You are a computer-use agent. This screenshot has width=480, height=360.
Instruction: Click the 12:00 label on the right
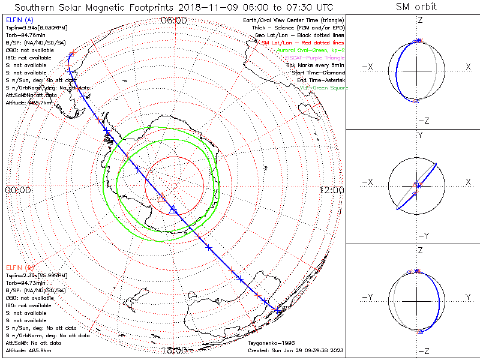click(x=331, y=190)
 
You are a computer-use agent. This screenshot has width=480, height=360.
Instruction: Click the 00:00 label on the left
click(x=17, y=190)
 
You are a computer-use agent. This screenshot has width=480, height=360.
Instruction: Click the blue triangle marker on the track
click(x=173, y=209)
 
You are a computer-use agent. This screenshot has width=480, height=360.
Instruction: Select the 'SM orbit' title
click(x=416, y=7)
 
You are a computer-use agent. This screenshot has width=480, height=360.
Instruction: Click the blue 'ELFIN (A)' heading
click(x=19, y=20)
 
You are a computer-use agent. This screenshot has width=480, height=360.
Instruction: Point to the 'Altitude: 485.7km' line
click(x=28, y=103)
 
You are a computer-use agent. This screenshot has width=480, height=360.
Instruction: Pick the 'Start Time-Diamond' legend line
click(x=317, y=73)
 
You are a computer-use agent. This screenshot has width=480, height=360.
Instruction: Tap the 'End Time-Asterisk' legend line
click(x=319, y=80)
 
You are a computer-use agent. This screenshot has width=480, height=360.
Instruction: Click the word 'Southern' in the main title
click(x=36, y=7)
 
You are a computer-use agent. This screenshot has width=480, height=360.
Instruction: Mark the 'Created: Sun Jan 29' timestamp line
click(x=296, y=350)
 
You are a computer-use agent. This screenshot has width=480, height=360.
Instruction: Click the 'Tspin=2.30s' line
click(x=31, y=275)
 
